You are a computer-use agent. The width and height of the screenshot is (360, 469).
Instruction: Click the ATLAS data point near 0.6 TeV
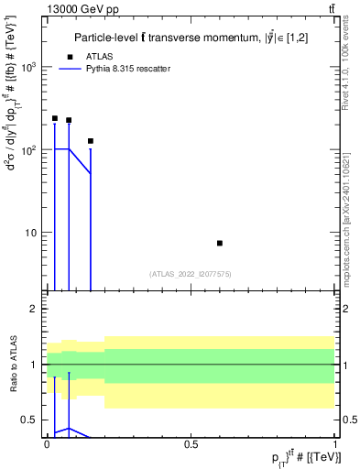click(220, 243)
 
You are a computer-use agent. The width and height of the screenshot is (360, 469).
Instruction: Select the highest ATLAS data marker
click(55, 118)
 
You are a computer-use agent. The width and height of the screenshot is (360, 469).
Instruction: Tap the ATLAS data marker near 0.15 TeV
click(91, 141)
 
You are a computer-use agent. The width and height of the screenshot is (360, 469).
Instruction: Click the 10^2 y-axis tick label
click(29, 150)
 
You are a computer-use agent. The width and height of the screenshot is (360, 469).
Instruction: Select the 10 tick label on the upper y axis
click(32, 233)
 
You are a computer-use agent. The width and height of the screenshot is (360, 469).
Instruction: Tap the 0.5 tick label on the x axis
click(191, 443)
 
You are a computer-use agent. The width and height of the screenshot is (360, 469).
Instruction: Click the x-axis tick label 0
click(47, 443)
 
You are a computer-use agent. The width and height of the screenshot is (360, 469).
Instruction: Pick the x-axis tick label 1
click(335, 443)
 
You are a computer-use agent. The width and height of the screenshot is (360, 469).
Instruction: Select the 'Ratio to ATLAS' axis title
click(12, 365)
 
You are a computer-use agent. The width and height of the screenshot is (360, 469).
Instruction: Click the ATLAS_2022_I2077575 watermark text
click(191, 273)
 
